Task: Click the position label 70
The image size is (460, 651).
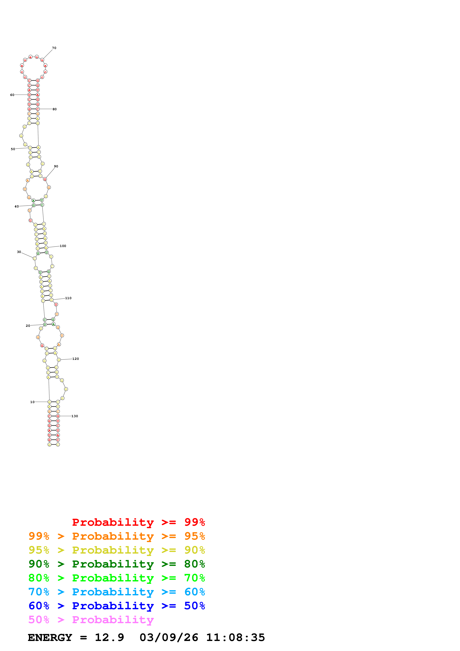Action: (x=54, y=48)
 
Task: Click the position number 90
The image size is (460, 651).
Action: (x=56, y=166)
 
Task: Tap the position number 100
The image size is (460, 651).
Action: (x=63, y=246)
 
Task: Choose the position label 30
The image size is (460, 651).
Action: (x=19, y=252)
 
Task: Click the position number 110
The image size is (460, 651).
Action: (x=68, y=298)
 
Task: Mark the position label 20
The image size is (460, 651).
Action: (x=28, y=326)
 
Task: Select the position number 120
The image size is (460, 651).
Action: (x=76, y=359)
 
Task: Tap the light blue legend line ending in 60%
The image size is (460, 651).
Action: (x=117, y=592)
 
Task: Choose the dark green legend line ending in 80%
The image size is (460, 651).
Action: (x=117, y=564)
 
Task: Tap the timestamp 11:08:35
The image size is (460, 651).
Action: (x=235, y=637)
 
